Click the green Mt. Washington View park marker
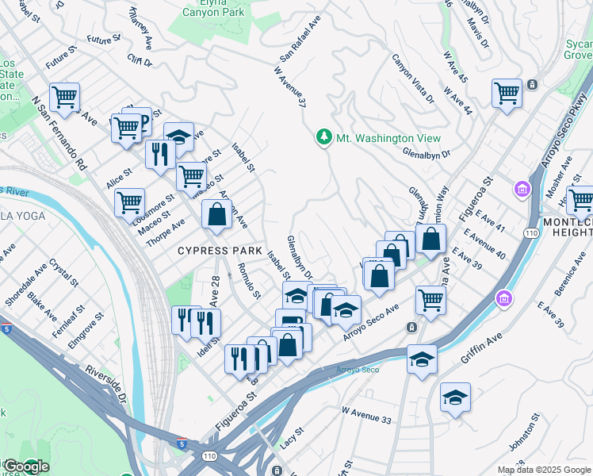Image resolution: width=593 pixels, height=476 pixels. tap(323, 137)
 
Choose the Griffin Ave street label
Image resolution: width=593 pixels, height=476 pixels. tap(482, 348)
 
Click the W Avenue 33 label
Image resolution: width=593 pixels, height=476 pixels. tap(368, 413)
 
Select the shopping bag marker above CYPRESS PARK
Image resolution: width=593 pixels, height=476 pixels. tap(216, 214)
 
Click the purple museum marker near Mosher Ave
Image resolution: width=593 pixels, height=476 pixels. tap(522, 190)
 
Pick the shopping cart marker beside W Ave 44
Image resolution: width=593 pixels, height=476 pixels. tap(506, 93)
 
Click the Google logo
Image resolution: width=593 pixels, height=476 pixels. tap(25, 466)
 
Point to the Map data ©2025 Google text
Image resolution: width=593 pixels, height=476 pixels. tap(543, 470)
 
